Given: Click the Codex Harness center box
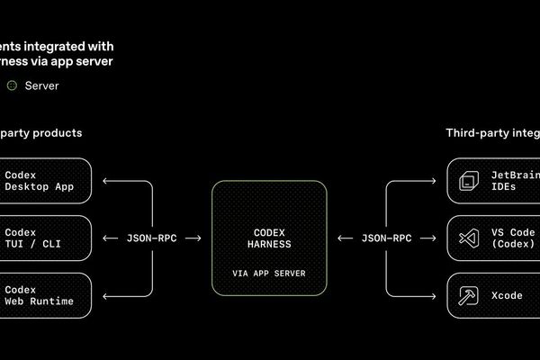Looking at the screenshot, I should (269, 238).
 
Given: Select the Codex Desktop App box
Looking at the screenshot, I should (45, 181).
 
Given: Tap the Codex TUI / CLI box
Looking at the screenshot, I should (45, 238).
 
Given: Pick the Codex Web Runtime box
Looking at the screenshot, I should (45, 295).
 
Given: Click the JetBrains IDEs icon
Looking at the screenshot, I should (467, 181).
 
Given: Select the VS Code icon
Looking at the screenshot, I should (467, 238).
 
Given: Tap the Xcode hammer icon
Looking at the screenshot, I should (467, 295).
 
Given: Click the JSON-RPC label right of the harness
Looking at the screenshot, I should (386, 238).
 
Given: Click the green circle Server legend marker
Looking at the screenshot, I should (12, 85).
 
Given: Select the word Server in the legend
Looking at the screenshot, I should (42, 85).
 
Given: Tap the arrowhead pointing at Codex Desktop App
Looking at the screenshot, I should (107, 181).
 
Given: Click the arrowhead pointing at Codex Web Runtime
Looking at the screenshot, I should (107, 295).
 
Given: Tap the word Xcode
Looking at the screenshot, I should (507, 295).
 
